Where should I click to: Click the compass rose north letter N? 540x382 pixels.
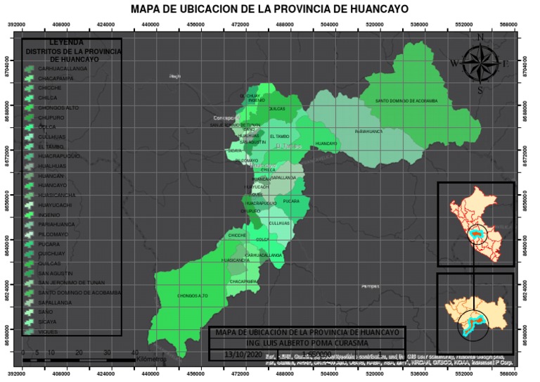(x=480, y=37)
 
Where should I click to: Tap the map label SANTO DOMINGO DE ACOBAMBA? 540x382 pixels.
(x=406, y=101)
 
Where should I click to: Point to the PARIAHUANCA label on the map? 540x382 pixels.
(x=368, y=131)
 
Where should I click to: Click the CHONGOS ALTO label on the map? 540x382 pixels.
(x=193, y=295)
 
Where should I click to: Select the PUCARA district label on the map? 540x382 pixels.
(x=291, y=201)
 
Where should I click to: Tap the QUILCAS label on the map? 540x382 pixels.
(x=277, y=109)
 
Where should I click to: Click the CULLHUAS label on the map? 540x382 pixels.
(x=279, y=223)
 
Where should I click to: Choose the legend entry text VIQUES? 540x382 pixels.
(x=49, y=331)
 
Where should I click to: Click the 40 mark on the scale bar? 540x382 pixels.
(x=134, y=352)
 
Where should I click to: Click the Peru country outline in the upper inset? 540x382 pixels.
(x=478, y=222)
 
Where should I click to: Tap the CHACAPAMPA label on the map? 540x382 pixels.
(x=245, y=281)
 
